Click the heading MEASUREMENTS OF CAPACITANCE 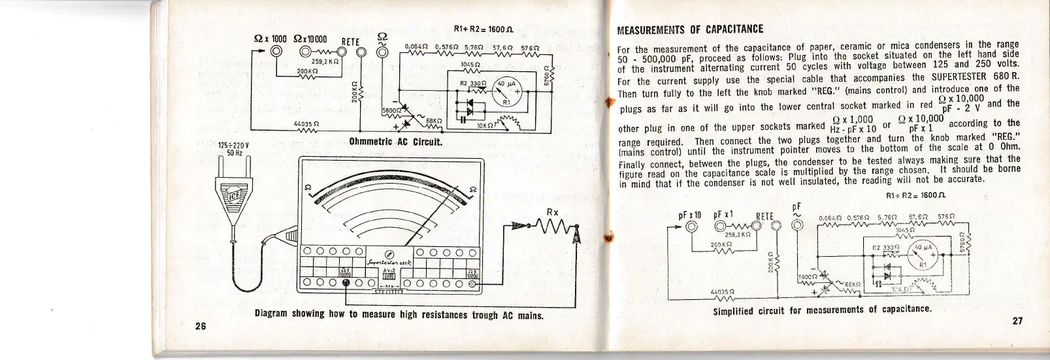(690, 29)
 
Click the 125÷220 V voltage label (230, 146)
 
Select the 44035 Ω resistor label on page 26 (306, 122)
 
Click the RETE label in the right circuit (764, 217)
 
